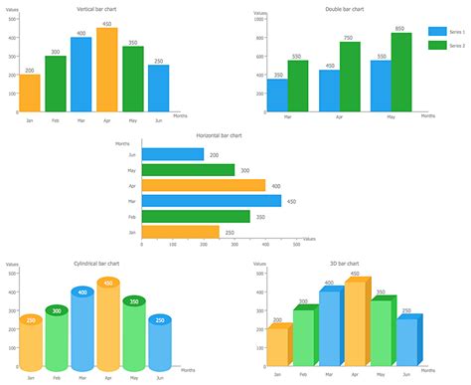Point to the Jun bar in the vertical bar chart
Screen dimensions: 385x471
[159, 89]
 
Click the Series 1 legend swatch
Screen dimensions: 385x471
[436, 31]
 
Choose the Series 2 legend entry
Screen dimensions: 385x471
[446, 45]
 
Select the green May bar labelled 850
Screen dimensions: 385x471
[400, 73]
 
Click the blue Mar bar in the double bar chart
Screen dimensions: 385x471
[278, 96]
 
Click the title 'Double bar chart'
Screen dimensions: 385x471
[344, 9]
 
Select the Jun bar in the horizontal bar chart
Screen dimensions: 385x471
[173, 154]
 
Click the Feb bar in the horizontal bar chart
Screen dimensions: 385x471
[196, 216]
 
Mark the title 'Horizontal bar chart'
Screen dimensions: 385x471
[220, 133]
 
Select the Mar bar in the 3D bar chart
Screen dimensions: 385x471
[330, 329]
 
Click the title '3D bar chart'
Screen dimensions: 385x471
[345, 263]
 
